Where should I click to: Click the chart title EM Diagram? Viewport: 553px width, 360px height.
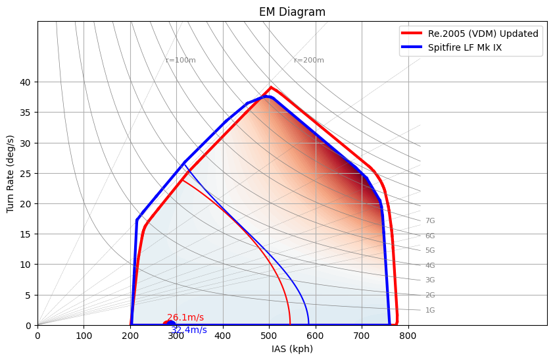[x=292, y=12]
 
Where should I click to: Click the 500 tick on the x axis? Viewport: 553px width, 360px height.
[x=269, y=336]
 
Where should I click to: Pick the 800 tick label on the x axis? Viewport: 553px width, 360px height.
[x=408, y=336]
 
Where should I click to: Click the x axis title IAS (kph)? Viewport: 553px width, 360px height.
[x=292, y=349]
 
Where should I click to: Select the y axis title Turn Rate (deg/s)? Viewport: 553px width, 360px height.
[x=11, y=174]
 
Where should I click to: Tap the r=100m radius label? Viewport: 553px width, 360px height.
[x=181, y=61]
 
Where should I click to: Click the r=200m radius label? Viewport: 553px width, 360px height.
[x=309, y=61]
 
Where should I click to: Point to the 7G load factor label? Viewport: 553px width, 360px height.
[x=430, y=221]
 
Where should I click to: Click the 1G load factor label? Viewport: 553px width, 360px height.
[x=430, y=311]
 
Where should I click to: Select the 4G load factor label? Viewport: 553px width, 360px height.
[x=430, y=266]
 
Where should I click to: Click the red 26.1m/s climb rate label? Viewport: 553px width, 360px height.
[x=185, y=318]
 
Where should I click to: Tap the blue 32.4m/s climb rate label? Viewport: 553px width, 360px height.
[x=189, y=330]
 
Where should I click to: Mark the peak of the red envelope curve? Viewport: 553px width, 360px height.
[x=270, y=87]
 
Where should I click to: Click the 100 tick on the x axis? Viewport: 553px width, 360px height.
[x=84, y=336]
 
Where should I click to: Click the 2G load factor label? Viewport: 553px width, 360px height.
[x=430, y=296]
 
